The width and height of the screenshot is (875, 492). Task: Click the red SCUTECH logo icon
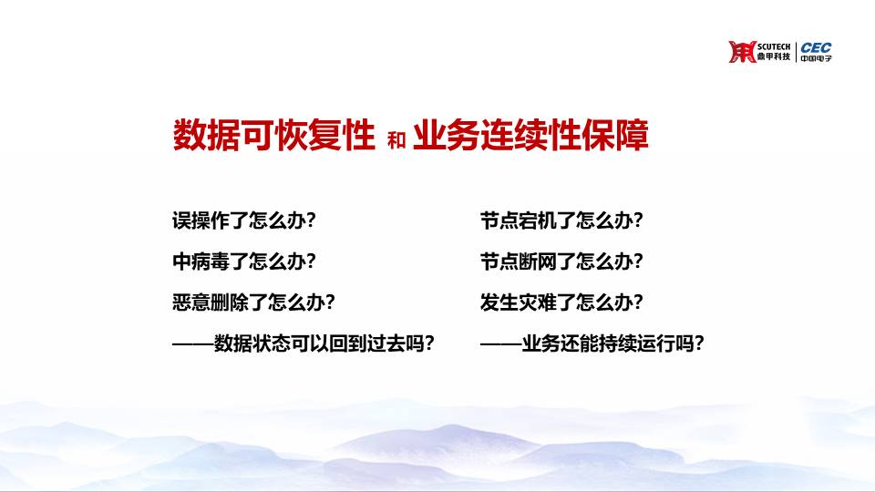pos(742,51)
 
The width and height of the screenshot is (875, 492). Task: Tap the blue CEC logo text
pos(816,48)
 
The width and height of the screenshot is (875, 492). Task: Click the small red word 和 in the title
pos(396,140)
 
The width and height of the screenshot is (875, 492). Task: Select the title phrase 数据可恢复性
pos(273,135)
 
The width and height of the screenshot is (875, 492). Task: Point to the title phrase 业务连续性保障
pos(530,135)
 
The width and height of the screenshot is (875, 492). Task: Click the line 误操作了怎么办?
pos(244,220)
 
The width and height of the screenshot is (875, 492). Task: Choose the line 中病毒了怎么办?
pos(244,261)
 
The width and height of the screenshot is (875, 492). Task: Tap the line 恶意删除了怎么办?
pos(254,302)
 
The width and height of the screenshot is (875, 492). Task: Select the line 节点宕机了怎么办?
pos(562,220)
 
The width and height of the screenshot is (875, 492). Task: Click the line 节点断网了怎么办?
pos(562,261)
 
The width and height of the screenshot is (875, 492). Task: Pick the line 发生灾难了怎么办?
pos(562,302)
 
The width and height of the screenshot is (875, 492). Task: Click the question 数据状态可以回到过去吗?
pos(324,343)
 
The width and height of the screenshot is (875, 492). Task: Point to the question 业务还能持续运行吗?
pos(612,343)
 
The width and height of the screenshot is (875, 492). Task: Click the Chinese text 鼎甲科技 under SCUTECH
pos(774,56)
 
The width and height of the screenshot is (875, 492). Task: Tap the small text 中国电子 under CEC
pos(816,58)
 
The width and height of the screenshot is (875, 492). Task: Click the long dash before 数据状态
pos(193,343)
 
